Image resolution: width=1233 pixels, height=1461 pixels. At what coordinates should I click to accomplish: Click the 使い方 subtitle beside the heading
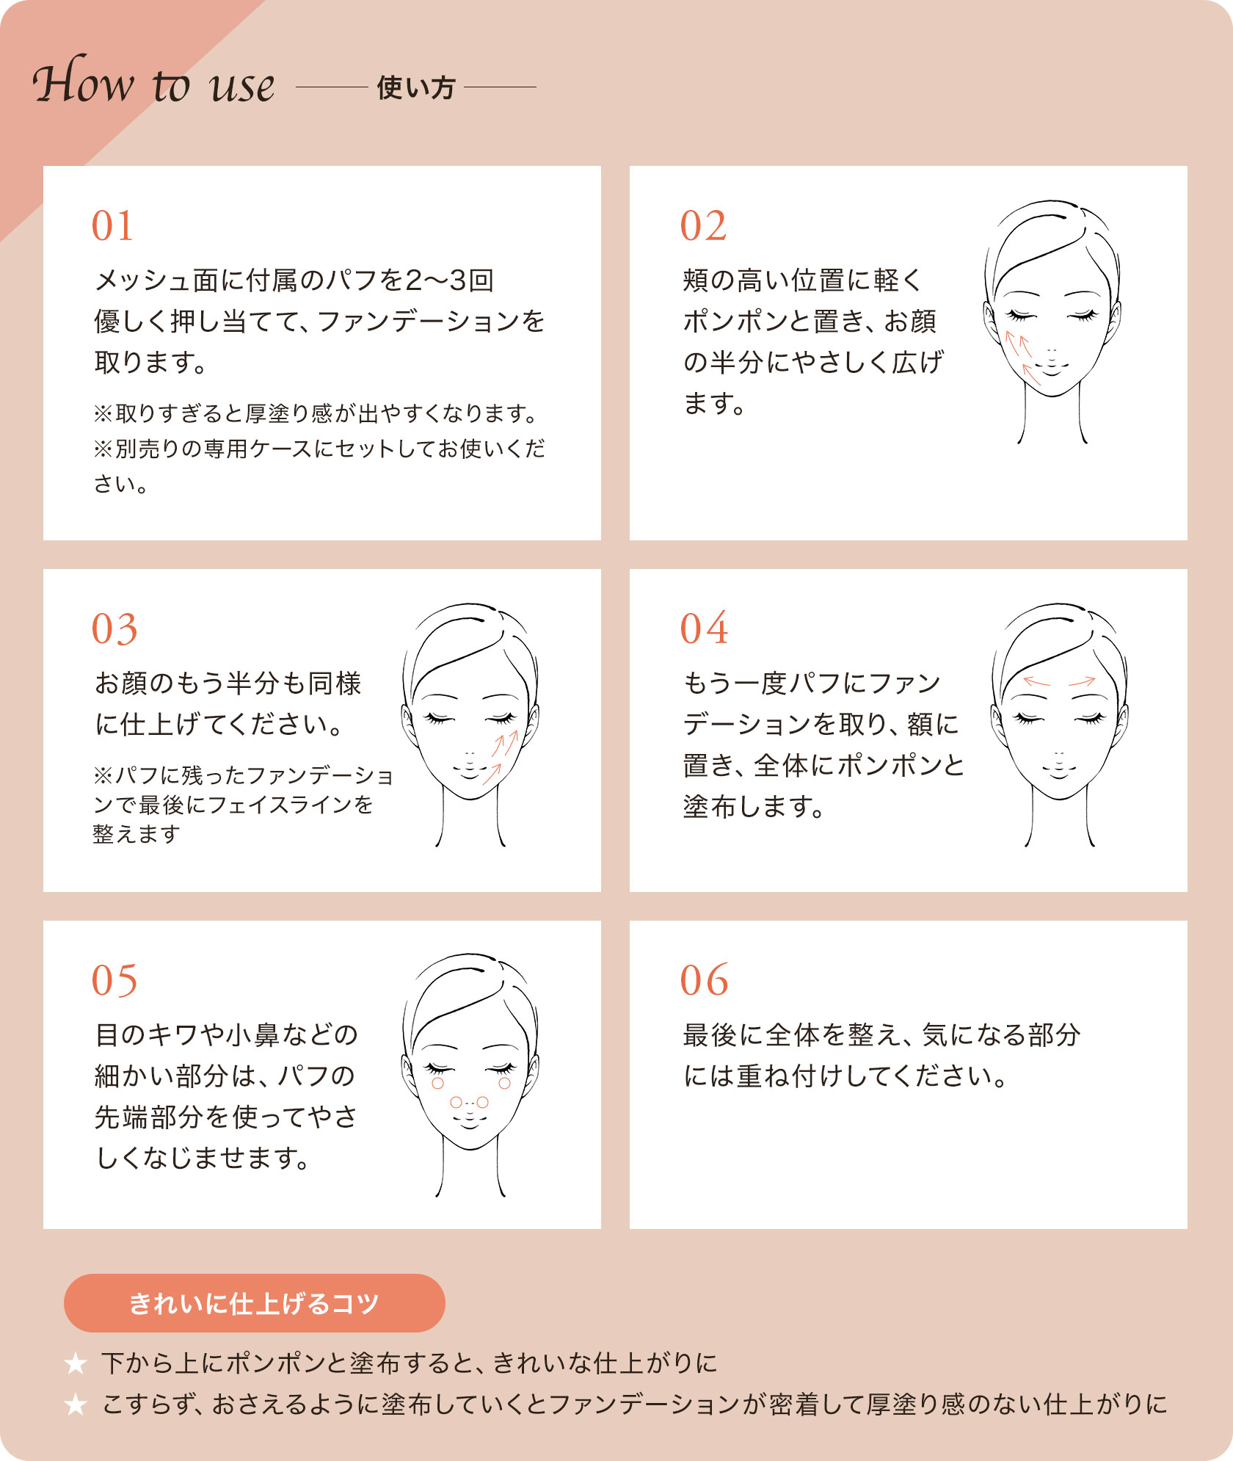tap(415, 88)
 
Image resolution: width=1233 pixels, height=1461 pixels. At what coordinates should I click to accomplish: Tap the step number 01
tap(112, 225)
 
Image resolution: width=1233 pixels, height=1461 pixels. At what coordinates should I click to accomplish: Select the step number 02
tap(703, 225)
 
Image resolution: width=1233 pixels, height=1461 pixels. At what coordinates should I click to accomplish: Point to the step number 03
tap(114, 629)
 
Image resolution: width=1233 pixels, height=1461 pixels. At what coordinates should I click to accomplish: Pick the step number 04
tap(704, 628)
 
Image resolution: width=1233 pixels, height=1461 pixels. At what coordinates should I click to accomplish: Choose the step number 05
tap(114, 981)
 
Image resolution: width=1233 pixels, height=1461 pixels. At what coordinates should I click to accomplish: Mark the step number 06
tap(704, 980)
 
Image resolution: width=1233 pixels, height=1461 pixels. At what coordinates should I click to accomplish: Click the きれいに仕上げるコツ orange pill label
tap(254, 1303)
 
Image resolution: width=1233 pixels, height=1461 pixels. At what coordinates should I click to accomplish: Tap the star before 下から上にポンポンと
tap(76, 1363)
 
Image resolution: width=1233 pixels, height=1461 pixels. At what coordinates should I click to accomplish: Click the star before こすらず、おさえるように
tap(76, 1404)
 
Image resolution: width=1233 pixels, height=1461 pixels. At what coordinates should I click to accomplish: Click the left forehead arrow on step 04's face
tap(1036, 682)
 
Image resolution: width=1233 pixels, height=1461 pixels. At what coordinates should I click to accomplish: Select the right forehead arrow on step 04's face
tap(1082, 682)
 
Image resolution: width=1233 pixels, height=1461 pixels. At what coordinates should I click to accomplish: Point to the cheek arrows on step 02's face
tap(1022, 358)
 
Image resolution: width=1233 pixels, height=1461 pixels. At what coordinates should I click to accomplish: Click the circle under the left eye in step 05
tap(438, 1083)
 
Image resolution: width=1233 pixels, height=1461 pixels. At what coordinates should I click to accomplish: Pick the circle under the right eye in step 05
tap(504, 1083)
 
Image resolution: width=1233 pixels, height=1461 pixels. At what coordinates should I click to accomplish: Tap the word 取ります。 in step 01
tap(150, 362)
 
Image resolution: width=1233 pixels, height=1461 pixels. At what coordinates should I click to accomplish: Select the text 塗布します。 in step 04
tap(753, 806)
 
